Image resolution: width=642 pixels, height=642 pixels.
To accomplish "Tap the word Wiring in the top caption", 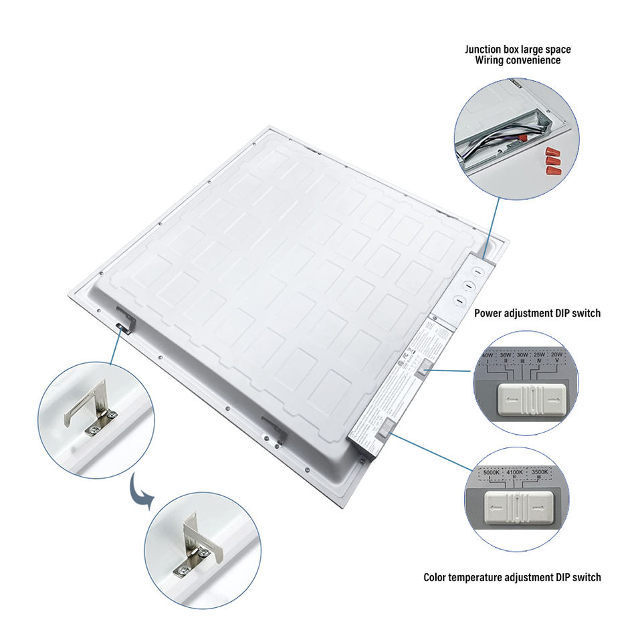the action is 490,60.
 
